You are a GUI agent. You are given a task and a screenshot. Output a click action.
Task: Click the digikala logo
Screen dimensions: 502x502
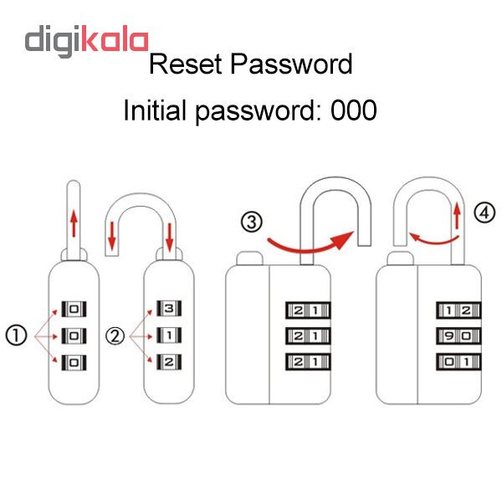86,41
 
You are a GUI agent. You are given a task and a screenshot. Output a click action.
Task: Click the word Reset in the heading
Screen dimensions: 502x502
186,64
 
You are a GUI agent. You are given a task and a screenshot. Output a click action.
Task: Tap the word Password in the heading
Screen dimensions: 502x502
291,64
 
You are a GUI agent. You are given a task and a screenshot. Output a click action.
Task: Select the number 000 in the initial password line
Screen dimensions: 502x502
353,110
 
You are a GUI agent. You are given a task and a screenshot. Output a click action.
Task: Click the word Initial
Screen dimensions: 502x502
155,110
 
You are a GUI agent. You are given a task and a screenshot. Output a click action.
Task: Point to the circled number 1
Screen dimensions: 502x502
17,336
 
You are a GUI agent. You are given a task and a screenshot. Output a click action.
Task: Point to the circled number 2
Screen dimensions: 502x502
115,336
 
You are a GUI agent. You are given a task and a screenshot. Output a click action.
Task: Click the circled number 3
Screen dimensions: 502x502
252,222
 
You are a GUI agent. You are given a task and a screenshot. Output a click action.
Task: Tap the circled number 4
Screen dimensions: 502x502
484,213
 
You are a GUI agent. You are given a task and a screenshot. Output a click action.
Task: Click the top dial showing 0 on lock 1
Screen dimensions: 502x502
74,310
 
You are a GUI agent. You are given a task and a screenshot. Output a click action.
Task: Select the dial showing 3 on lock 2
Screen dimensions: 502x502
169,308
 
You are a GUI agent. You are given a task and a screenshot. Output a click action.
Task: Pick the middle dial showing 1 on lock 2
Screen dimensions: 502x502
169,336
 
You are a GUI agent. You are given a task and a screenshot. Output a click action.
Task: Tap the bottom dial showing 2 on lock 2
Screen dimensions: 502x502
169,361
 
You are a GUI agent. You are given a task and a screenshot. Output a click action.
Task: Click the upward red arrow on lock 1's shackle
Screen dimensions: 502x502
74,223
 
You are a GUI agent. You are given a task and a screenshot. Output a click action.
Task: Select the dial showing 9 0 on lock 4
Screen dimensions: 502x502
458,336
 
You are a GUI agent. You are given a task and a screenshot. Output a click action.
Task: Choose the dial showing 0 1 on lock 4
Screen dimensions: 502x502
458,361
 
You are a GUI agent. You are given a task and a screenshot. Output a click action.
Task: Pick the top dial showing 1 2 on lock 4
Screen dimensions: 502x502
458,310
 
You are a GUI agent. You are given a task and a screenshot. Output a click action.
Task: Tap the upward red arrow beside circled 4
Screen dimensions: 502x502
458,216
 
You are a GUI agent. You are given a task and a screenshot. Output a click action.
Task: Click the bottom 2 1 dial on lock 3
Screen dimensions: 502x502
308,361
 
